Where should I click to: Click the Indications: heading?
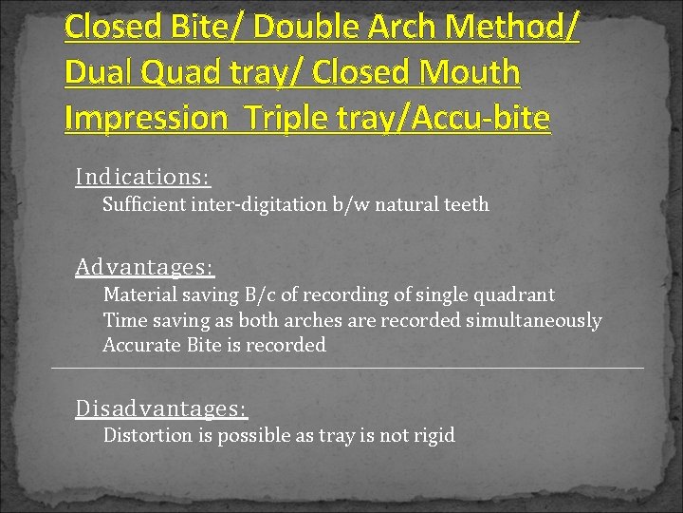click(x=143, y=177)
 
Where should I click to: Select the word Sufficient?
click(x=144, y=204)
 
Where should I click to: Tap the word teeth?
click(x=465, y=204)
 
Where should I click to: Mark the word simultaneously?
click(x=533, y=321)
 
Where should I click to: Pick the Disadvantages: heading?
click(x=161, y=408)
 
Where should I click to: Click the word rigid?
click(x=433, y=436)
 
